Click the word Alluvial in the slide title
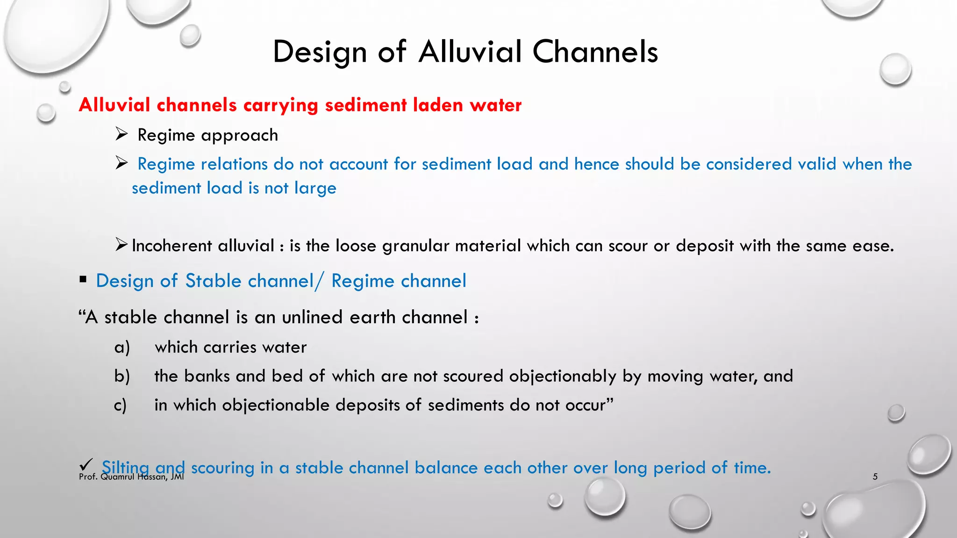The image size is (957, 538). pyautogui.click(x=470, y=51)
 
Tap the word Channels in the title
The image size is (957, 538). pyautogui.click(x=595, y=51)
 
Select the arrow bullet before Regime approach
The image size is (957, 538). pyautogui.click(x=121, y=135)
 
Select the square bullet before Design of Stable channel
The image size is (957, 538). pyautogui.click(x=83, y=280)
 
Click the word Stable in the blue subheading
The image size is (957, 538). pyautogui.click(x=213, y=281)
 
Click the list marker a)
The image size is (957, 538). pyautogui.click(x=122, y=347)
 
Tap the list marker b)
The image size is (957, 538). pyautogui.click(x=122, y=376)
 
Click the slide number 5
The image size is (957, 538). pyautogui.click(x=875, y=477)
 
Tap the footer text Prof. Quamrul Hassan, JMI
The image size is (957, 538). pyautogui.click(x=131, y=477)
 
